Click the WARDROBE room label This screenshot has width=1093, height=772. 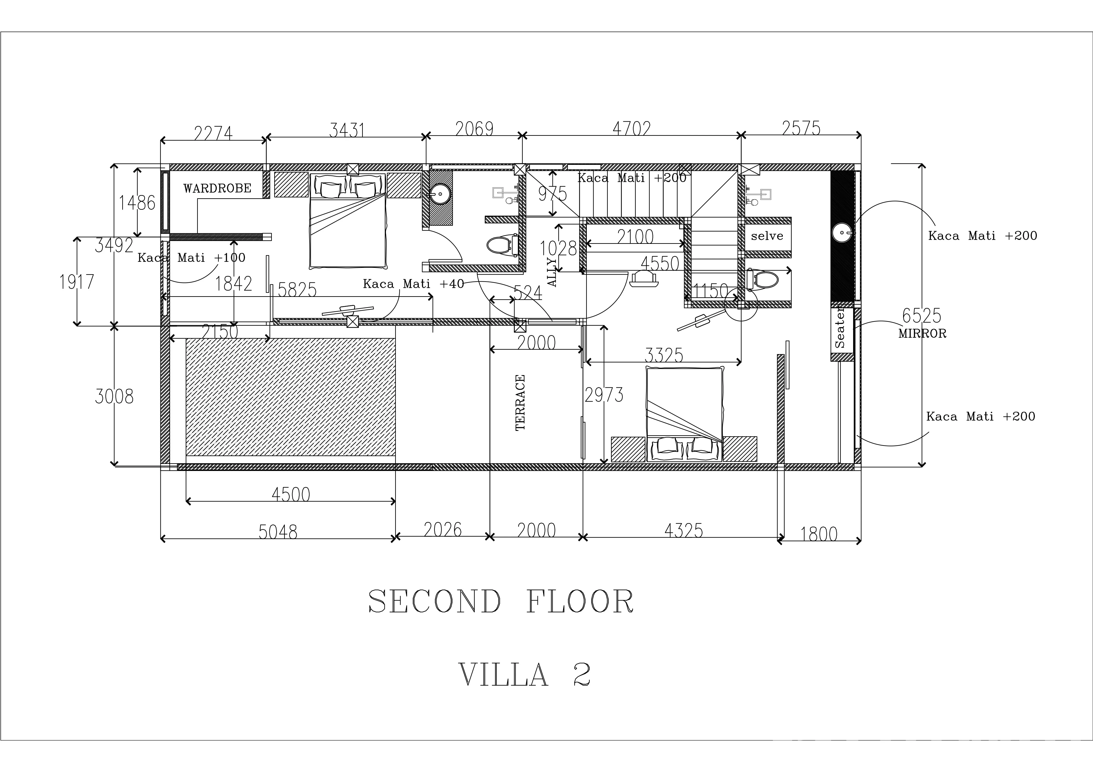tap(218, 188)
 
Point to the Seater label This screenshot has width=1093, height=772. tap(840, 328)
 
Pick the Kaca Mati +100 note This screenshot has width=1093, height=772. tap(191, 258)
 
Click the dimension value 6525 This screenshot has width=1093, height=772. tap(922, 316)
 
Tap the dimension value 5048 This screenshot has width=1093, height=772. tap(278, 532)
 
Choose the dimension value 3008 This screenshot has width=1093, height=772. tap(114, 396)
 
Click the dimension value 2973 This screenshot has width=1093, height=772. tap(604, 395)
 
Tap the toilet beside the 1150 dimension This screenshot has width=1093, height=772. tap(762, 280)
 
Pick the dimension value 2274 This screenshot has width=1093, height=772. tap(213, 133)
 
